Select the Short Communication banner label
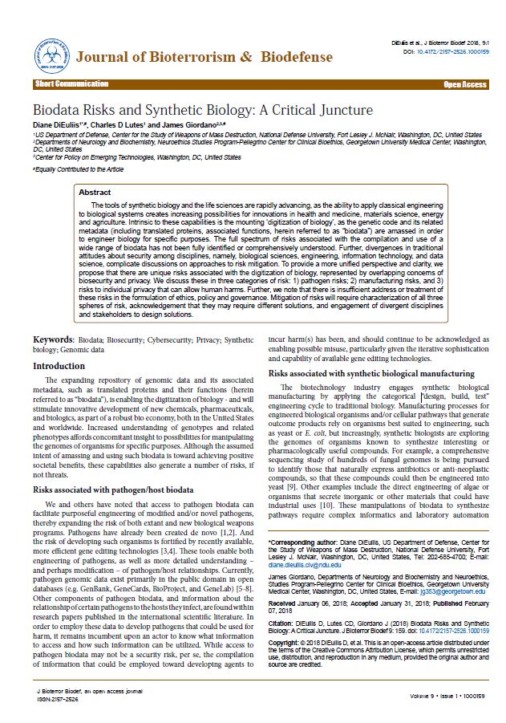click(71, 84)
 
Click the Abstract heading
click(95, 170)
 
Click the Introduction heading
click(59, 366)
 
